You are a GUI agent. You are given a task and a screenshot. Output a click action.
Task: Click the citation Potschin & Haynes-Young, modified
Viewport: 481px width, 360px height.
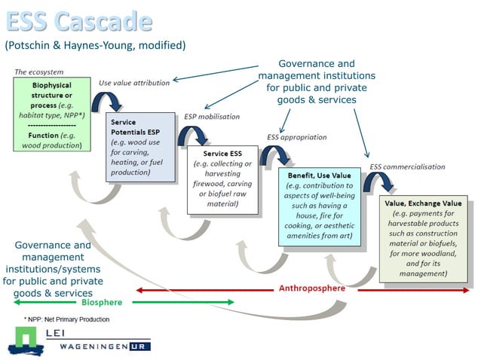tap(95, 45)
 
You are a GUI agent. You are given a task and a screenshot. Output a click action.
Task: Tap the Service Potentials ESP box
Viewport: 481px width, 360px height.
tap(140, 146)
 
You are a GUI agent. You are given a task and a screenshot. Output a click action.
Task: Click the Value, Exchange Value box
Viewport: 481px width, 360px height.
tap(423, 238)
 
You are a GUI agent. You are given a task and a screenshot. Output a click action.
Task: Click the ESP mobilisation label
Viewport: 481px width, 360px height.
tap(212, 117)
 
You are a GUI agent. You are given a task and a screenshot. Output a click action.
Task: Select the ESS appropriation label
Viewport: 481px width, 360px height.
tap(296, 137)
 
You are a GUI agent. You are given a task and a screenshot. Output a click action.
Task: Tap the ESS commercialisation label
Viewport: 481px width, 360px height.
tap(407, 166)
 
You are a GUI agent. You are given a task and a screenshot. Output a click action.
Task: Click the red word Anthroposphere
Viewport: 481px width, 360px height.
tap(312, 288)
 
